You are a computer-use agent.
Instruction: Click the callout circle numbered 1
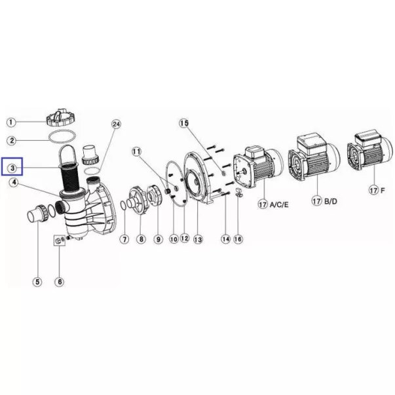pos(11,122)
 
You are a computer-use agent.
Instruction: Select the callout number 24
pos(116,124)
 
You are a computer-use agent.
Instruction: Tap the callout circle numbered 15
pos(184,123)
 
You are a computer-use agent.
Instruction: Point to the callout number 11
pos(136,152)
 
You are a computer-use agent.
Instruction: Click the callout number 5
pos(37,282)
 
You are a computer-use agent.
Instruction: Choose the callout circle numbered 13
pos(198,239)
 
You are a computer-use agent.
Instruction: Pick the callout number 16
pos(238,239)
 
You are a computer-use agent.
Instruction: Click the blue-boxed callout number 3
pos(12,168)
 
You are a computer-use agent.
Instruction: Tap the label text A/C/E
pos(279,204)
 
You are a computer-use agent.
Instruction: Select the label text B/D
pos(331,201)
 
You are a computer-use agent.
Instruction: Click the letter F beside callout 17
pos(383,190)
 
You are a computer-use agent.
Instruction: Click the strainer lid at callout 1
pos(60,118)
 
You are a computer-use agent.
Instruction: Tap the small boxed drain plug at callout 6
pos(60,240)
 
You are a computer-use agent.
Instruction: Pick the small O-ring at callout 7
pos(123,206)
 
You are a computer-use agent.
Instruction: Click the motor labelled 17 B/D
pos(314,159)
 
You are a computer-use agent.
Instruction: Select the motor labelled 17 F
pos(370,150)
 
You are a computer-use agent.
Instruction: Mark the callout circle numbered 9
pos(159,239)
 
